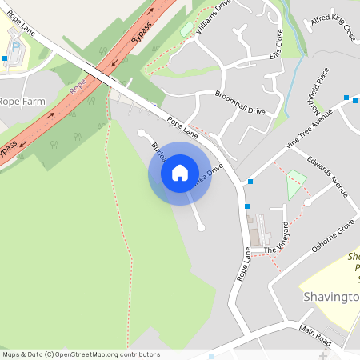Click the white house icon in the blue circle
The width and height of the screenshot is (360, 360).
[180, 173]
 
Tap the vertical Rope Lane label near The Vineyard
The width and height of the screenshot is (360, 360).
[245, 264]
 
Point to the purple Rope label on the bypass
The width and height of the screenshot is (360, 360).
[77, 87]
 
